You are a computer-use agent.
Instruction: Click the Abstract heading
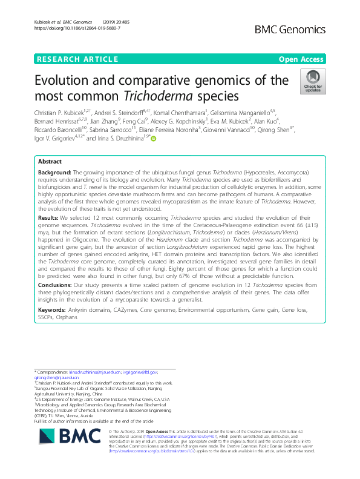coord(50,162)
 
